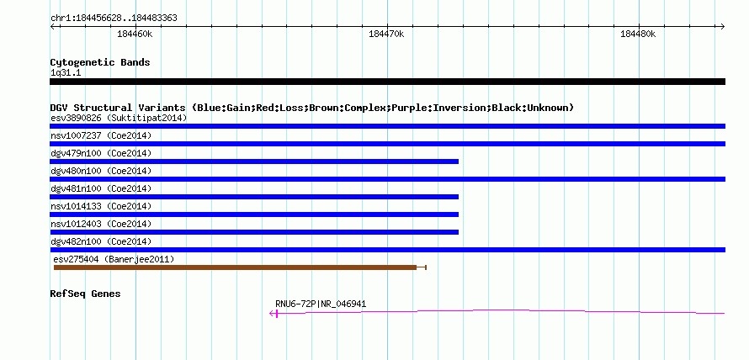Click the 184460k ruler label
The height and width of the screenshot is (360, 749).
(x=135, y=34)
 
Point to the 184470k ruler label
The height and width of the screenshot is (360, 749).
(x=386, y=34)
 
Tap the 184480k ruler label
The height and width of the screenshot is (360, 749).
(x=638, y=34)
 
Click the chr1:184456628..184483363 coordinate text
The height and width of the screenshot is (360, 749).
(x=114, y=19)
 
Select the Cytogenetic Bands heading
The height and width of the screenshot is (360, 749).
(x=100, y=62)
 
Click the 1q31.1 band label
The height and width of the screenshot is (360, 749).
(x=66, y=73)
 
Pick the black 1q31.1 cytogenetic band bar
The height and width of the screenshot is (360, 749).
(x=387, y=82)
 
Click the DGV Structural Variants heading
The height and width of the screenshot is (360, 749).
(x=312, y=108)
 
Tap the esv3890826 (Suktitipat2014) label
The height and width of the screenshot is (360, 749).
(x=119, y=118)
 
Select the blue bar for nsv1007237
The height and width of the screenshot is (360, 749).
(x=387, y=144)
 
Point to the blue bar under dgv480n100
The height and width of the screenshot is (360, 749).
(x=387, y=179)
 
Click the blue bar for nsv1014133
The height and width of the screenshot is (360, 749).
(x=254, y=214)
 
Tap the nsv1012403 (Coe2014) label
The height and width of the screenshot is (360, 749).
(x=101, y=224)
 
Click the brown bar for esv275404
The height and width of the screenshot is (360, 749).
(x=235, y=267)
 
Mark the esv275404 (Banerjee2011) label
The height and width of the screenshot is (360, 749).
(x=114, y=259)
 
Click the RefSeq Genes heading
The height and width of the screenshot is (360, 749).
(x=86, y=294)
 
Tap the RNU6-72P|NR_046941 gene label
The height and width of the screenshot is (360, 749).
(x=321, y=304)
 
